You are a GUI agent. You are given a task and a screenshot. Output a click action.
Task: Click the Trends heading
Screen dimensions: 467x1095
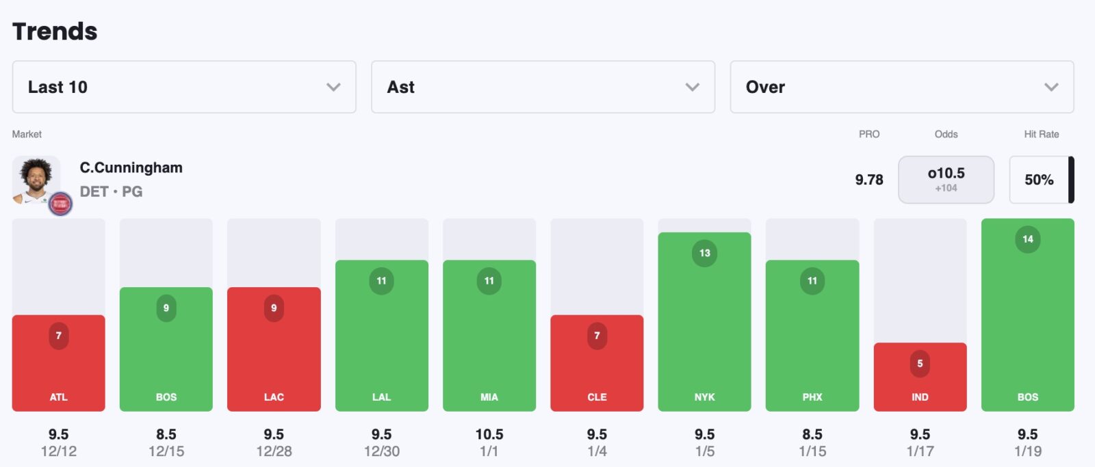[x=55, y=31]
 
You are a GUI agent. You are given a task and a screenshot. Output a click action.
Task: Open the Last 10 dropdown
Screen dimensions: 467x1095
[x=183, y=87]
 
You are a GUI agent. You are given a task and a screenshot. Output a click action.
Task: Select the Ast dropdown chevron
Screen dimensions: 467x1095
[x=693, y=87]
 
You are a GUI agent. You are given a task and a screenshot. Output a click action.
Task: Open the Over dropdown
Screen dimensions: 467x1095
[x=901, y=87]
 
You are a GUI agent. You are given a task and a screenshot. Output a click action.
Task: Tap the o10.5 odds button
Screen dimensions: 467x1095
[x=946, y=179]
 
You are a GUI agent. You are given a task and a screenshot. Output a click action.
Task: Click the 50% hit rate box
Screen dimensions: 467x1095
[x=1039, y=180]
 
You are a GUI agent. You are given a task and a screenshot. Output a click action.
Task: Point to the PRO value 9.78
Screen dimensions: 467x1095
[x=868, y=180]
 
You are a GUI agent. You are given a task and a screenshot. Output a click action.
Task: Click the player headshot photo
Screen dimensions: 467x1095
[x=36, y=179]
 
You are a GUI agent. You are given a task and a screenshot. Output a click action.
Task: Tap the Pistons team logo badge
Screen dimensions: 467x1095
[x=60, y=203]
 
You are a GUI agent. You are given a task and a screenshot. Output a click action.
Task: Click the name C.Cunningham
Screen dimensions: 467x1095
[x=131, y=168]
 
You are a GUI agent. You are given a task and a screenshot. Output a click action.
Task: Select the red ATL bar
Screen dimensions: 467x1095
[x=59, y=362]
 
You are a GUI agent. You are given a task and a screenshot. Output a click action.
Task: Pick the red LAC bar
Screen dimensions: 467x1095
[x=274, y=349]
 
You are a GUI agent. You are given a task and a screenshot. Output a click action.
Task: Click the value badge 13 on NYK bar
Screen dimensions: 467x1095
[x=704, y=253]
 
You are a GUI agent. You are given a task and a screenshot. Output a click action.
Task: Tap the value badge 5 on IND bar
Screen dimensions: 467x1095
[x=920, y=363]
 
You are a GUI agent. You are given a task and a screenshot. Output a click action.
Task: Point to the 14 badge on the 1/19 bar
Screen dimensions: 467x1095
[x=1027, y=239]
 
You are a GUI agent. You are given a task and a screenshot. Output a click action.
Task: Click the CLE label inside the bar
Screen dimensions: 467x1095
[x=597, y=397]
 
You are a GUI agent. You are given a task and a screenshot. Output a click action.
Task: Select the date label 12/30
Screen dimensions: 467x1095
[x=381, y=451]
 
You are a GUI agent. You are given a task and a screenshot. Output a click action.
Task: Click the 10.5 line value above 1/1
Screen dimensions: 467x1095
[x=489, y=434]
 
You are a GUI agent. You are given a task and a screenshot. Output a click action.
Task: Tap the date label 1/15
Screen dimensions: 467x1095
[x=812, y=451]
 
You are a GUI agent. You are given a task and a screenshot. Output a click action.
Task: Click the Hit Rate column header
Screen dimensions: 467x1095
[x=1041, y=134]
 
